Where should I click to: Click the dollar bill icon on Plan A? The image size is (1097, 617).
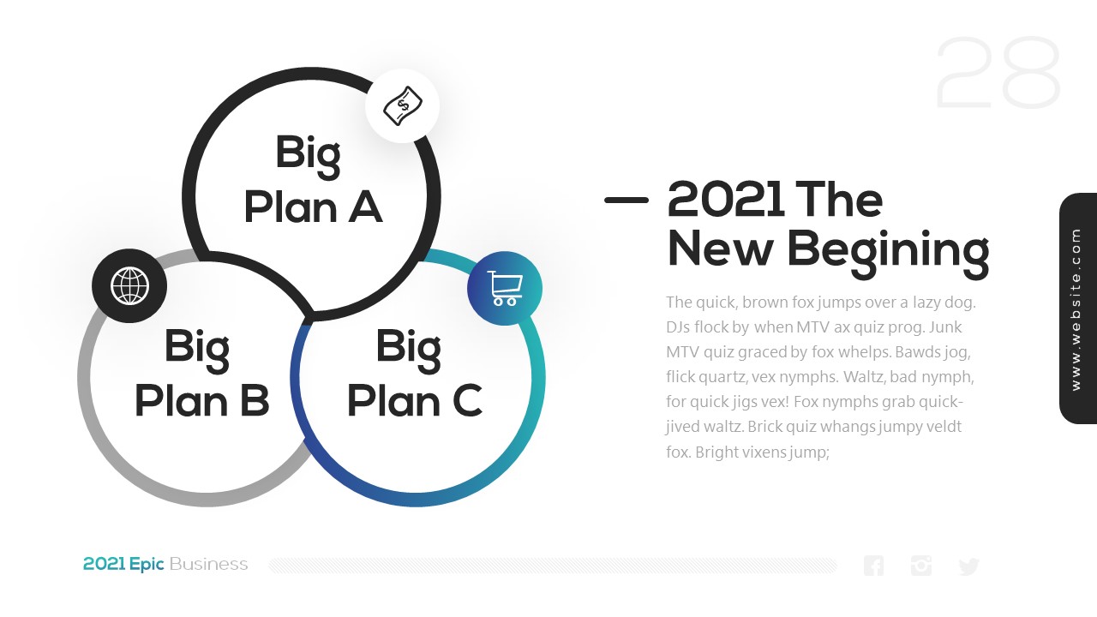point(403,105)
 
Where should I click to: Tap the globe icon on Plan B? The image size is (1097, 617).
point(129,285)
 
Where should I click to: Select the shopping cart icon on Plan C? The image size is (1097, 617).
point(505,289)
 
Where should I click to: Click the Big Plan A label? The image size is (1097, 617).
point(313,179)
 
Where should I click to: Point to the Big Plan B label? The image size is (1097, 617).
point(201,373)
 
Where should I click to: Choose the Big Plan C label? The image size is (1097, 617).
point(414,373)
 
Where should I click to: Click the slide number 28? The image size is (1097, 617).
point(998,73)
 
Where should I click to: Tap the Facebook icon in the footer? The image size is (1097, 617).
point(873,566)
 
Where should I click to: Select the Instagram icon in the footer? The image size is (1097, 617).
point(921,566)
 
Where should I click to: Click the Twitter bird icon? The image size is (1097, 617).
point(968,566)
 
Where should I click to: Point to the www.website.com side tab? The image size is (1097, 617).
point(1078,308)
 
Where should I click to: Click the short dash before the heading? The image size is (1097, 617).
point(626,200)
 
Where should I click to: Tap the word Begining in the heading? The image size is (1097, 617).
point(888,253)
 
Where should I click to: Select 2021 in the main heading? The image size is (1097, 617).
point(725,199)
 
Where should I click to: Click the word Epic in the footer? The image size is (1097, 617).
point(147,565)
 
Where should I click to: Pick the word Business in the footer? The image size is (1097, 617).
point(208,564)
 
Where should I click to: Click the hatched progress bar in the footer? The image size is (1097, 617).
point(553,566)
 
